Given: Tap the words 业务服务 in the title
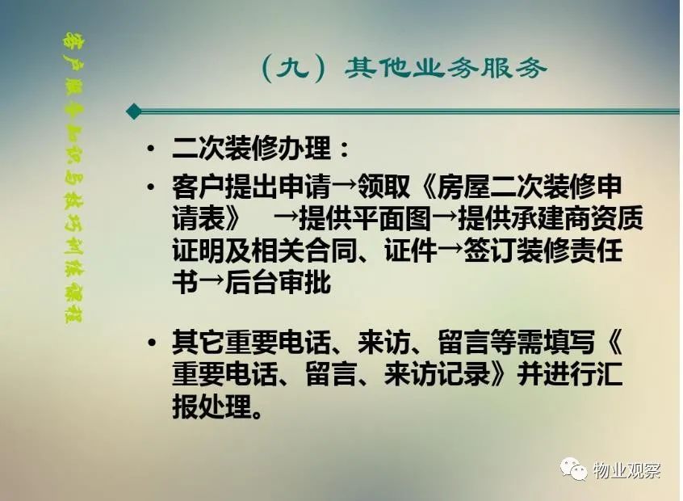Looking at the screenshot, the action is click(x=479, y=68).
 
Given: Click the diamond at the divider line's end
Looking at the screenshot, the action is click(x=134, y=112).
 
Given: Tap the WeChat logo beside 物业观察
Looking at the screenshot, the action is click(x=574, y=469).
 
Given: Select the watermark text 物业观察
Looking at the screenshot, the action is click(x=626, y=470).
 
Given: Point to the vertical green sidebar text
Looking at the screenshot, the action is click(x=73, y=178).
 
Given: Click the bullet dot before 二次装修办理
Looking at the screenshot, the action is click(x=151, y=149).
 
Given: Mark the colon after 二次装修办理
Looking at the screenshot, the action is click(x=344, y=149).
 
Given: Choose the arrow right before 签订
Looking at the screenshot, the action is click(x=450, y=250).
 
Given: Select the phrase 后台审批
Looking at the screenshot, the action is click(x=278, y=282).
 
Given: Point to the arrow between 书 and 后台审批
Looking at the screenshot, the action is click(x=212, y=282).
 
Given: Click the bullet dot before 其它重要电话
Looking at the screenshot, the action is click(x=151, y=342).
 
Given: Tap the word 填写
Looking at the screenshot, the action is click(x=569, y=342).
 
